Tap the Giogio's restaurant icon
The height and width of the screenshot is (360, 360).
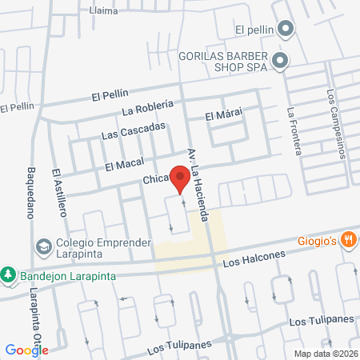click(348, 238)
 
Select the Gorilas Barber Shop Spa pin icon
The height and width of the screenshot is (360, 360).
click(279, 60)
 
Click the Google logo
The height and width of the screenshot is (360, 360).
click(26, 350)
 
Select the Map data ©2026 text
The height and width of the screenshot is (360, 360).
click(325, 353)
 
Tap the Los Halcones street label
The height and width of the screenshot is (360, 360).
click(254, 258)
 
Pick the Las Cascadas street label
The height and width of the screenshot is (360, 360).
click(134, 130)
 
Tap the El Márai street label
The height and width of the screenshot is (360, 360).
click(223, 115)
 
